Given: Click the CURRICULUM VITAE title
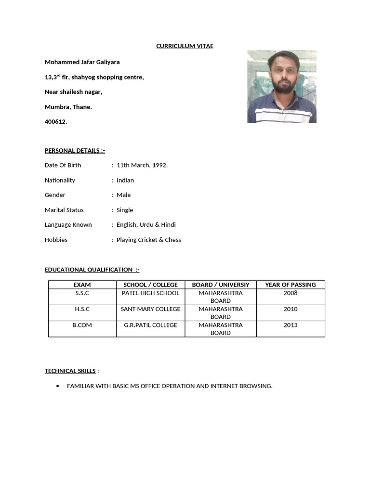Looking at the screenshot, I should pos(185,46).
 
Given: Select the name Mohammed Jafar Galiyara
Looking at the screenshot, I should pos(82,62).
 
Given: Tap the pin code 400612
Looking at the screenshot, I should pos(56,122).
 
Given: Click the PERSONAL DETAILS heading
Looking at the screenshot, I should pos(75,150).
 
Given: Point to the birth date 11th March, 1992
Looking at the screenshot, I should pos(142,165).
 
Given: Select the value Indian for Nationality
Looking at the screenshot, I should pos(125,180).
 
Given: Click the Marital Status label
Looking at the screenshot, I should pos(64,210).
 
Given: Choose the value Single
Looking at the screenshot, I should pos(125,210).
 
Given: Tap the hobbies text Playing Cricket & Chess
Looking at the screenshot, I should pos(149,240).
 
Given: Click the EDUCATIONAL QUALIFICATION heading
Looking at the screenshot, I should pos(92,270).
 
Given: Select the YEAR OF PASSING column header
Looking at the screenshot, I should pos(291,285).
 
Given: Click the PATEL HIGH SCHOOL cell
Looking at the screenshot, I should pos(150,293).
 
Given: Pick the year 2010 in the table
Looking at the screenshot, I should pos(291,309).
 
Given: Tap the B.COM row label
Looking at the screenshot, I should pos(82,325).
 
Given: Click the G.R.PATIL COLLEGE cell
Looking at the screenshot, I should pos(150,325).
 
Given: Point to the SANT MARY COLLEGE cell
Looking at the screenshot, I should pos(150,309).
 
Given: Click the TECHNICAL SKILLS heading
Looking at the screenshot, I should pos(70,371).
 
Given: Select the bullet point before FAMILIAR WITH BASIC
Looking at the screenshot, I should pos(58,386).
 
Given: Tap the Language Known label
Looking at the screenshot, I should pos(68,225).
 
